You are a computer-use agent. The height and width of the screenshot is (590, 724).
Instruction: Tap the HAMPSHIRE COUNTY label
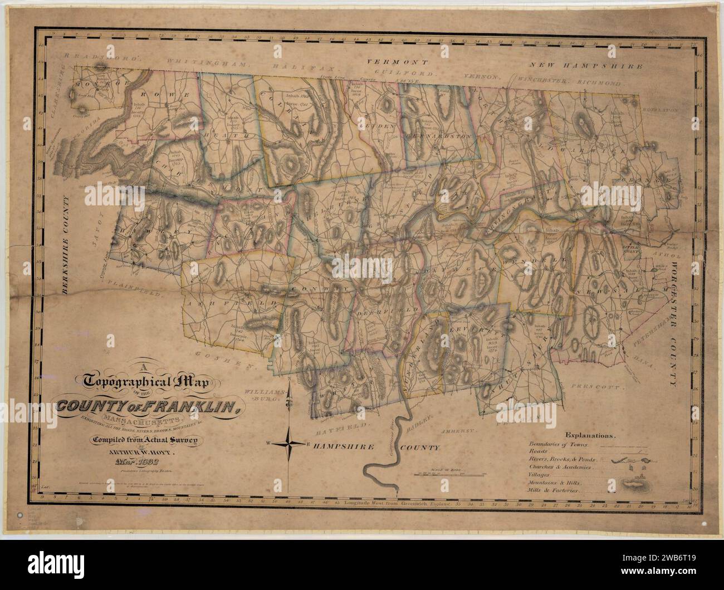click(x=376, y=447)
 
